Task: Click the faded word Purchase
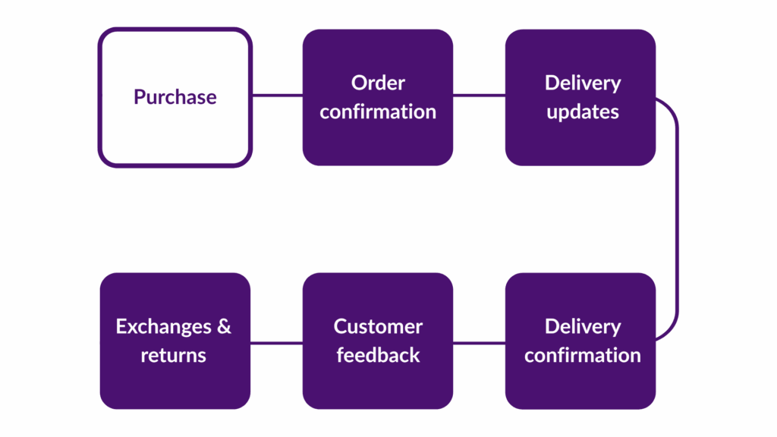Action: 175,97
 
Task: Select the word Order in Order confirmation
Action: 378,83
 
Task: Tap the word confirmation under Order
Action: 378,112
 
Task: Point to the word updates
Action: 583,112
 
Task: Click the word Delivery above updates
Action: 583,83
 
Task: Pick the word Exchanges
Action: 164,327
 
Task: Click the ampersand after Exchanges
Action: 224,327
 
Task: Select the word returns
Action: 174,355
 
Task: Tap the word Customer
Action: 378,327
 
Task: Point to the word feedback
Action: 378,355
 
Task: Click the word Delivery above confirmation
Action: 583,327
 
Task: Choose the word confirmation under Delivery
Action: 583,355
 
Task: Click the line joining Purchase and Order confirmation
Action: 276,96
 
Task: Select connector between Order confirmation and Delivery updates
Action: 479,96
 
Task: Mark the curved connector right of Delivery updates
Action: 675,218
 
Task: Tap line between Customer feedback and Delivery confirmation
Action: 479,341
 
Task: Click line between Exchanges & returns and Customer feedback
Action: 276,341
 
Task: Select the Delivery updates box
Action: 580,144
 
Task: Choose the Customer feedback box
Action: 378,387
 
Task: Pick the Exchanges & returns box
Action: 175,387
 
